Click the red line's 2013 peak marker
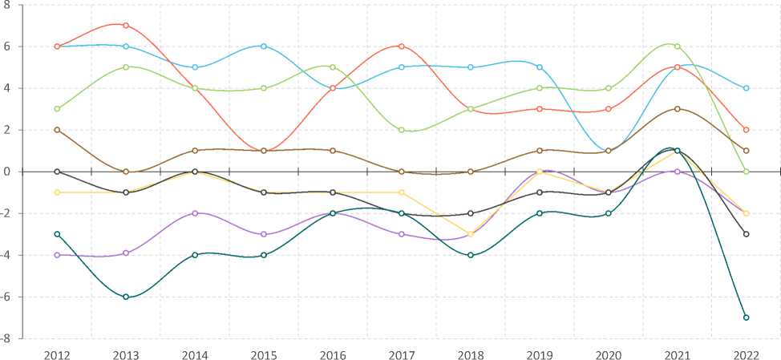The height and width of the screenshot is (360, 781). pos(126,26)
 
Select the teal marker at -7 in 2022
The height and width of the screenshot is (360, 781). pos(746,318)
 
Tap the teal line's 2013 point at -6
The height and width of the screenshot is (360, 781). pos(126,297)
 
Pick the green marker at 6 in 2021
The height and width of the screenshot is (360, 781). pos(677,47)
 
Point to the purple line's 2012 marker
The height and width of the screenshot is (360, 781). pos(57,255)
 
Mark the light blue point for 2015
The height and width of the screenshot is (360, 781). pos(264,47)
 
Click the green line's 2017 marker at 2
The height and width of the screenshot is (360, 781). pos(402,130)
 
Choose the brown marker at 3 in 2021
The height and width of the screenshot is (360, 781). pos(677,109)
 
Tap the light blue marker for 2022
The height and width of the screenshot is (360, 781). pos(746,88)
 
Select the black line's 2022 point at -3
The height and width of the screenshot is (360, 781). pos(746,234)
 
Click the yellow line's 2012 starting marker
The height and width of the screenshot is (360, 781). pos(57,192)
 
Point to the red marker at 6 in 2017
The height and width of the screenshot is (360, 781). pos(402,47)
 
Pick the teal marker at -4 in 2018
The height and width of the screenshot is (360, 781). pos(471,255)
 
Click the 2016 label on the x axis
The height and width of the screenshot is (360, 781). pos(333,354)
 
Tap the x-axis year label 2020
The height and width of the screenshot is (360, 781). pos(608,354)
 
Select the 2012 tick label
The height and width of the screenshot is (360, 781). pos(57,354)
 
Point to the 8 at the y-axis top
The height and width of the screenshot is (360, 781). pos(7,5)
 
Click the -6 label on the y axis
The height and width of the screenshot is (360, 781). pos(6,297)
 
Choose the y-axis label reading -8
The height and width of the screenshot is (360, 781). pos(6,338)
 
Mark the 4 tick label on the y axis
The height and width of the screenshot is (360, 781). pos(7,88)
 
